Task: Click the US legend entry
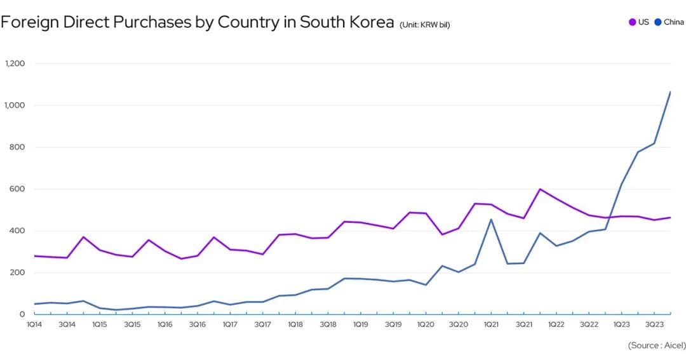[639, 22]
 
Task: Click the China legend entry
[669, 22]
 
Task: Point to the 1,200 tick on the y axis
[15, 63]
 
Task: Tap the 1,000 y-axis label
[15, 105]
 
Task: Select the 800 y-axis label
[18, 147]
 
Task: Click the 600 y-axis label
[18, 189]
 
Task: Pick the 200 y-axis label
[18, 273]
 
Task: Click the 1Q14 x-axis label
[34, 324]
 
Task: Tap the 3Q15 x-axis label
[132, 324]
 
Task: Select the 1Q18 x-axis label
[295, 324]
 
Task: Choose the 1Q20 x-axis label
[426, 324]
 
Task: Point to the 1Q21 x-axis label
[491, 324]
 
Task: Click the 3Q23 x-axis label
[654, 324]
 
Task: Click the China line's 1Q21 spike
[491, 220]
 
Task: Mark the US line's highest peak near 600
[540, 189]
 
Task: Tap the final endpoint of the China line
[671, 92]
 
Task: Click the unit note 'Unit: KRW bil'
[425, 25]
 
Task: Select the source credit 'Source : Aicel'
[657, 345]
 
